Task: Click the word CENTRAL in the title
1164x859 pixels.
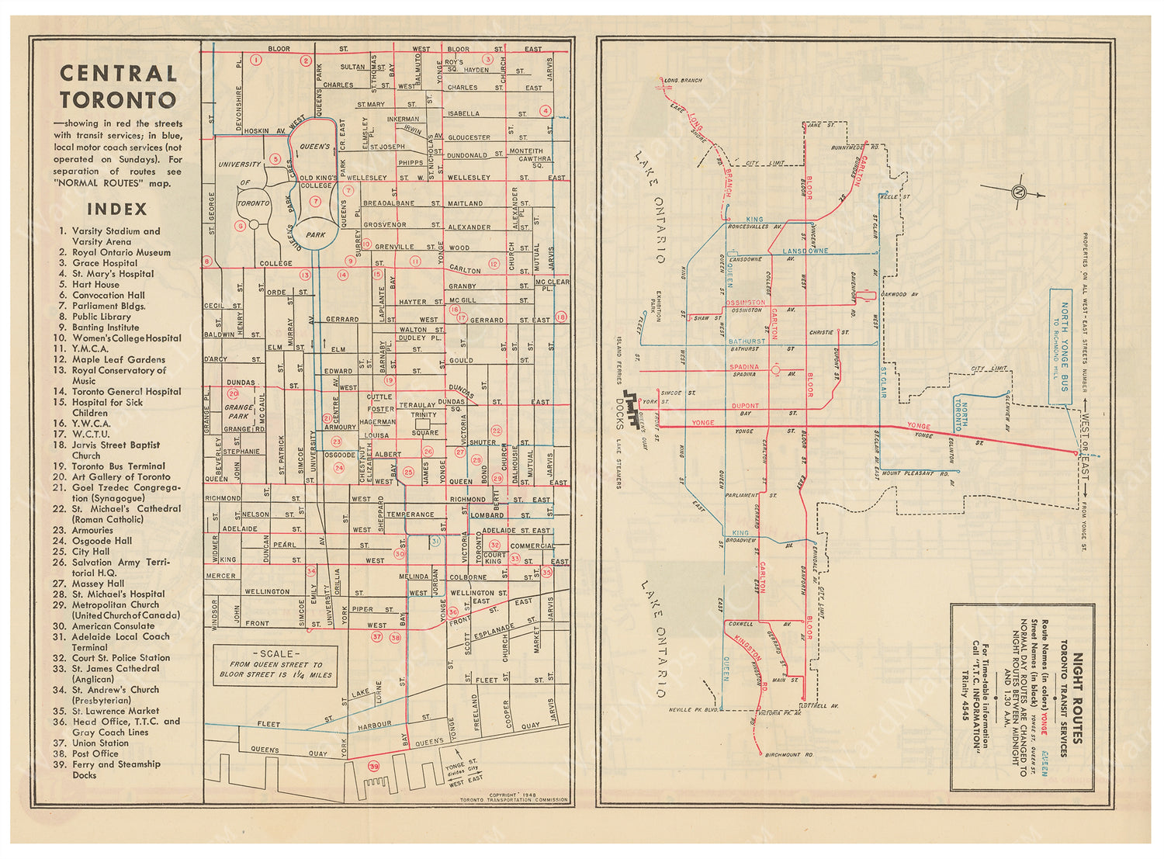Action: point(119,74)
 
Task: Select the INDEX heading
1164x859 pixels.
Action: point(117,209)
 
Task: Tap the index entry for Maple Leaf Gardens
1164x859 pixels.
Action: point(118,359)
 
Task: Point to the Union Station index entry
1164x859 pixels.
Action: point(100,743)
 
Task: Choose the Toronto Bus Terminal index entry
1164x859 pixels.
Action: point(118,466)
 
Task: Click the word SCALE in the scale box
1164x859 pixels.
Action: point(275,654)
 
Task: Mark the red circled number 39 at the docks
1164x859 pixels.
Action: point(374,766)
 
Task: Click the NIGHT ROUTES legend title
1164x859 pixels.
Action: point(1077,698)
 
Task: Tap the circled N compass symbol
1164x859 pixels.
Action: point(1018,193)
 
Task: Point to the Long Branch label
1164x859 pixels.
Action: point(683,80)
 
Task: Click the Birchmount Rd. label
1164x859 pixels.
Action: point(788,754)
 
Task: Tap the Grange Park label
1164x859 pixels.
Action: point(238,412)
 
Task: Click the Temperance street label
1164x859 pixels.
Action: point(411,514)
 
